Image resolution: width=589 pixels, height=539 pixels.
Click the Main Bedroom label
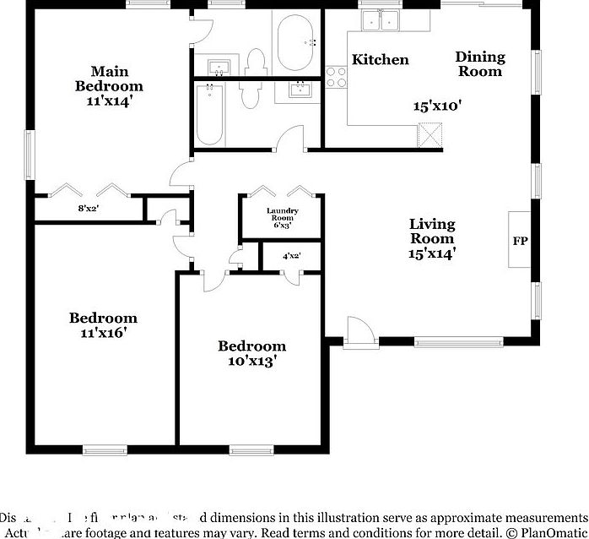(109, 79)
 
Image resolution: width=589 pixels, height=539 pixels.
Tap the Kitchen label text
(380, 60)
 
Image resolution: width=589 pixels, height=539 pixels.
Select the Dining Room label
(479, 64)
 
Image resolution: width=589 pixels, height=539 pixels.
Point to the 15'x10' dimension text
(437, 106)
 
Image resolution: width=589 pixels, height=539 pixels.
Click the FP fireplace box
(519, 240)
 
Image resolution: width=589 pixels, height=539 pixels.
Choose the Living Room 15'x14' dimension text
(432, 253)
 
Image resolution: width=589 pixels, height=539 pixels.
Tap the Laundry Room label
(281, 217)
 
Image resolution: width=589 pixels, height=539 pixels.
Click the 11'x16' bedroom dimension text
(103, 333)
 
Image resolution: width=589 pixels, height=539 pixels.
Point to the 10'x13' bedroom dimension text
(251, 361)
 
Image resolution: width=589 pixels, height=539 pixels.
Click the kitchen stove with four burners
(336, 77)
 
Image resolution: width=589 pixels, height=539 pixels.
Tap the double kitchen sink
(380, 20)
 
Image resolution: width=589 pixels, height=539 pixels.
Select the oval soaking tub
(294, 41)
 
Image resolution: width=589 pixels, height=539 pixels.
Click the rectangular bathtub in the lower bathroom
(209, 115)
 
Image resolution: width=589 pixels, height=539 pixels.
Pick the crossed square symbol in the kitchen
(431, 134)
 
